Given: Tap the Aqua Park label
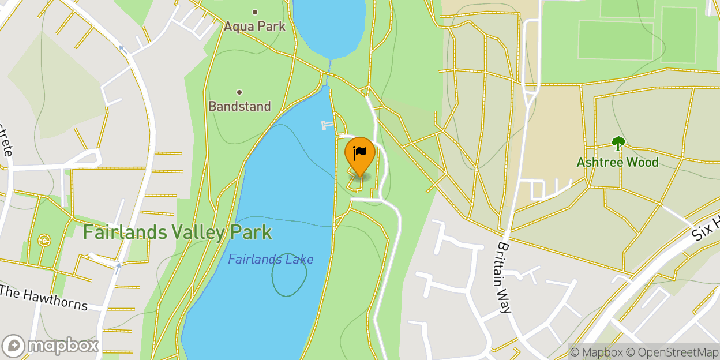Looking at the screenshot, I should click(x=254, y=26).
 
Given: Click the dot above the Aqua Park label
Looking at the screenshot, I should click(x=255, y=12).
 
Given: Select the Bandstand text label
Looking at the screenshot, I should click(x=239, y=106).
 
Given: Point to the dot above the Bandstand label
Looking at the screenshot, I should click(x=239, y=92).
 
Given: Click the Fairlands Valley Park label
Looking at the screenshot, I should click(x=177, y=232).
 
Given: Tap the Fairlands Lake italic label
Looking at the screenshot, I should click(x=271, y=260).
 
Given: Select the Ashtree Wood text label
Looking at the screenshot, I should click(x=617, y=162).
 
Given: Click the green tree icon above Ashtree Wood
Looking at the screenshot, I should click(x=618, y=144).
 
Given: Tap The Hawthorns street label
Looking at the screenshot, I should click(x=44, y=297).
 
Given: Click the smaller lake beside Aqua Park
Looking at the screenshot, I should click(x=329, y=26).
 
